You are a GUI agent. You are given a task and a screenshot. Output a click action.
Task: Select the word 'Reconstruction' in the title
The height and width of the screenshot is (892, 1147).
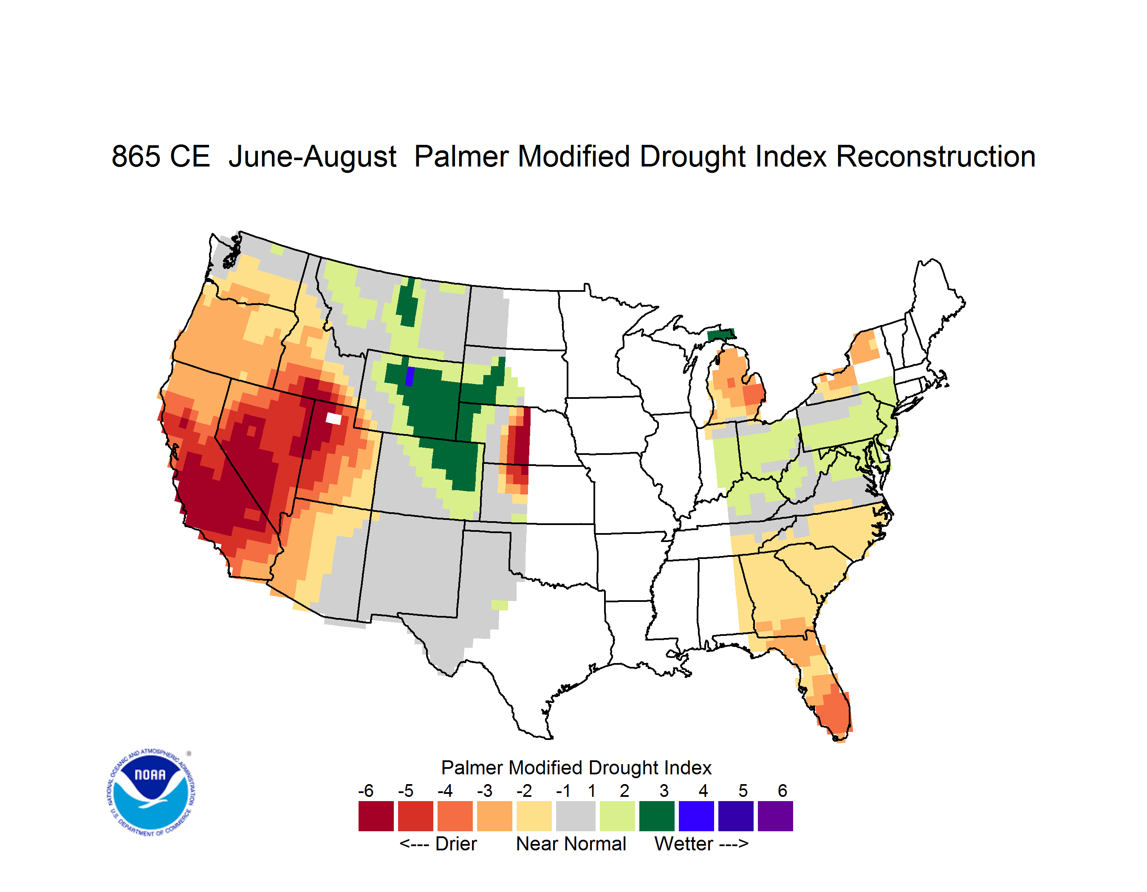[935, 156]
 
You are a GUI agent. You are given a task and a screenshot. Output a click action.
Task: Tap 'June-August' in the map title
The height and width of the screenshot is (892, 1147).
[313, 156]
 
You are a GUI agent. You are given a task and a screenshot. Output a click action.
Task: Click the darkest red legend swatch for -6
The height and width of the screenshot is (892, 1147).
[376, 816]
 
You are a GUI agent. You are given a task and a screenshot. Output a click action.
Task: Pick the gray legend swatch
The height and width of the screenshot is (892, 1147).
[576, 816]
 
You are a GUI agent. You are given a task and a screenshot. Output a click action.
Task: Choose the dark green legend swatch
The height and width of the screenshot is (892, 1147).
[656, 816]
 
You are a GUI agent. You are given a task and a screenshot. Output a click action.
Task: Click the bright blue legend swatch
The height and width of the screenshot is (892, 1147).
[696, 816]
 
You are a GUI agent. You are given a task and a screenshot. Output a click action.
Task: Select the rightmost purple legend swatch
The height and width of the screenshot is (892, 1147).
[775, 816]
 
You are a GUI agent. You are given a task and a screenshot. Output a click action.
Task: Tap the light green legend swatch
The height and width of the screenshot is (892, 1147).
[617, 816]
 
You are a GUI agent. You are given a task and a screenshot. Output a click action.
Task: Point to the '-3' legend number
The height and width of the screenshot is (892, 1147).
[485, 790]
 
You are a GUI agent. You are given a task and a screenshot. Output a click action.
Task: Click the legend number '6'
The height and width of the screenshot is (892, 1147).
[783, 790]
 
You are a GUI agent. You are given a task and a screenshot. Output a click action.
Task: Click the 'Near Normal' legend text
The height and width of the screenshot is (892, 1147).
[571, 844]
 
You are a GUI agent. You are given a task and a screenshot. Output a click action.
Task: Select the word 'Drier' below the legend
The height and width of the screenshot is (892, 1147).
[456, 844]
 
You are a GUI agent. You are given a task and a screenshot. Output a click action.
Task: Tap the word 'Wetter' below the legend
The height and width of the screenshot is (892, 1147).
[684, 844]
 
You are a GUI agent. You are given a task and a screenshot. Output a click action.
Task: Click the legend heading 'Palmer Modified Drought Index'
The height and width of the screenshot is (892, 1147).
[576, 768]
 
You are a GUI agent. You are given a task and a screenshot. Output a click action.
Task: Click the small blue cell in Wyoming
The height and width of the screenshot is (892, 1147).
[410, 376]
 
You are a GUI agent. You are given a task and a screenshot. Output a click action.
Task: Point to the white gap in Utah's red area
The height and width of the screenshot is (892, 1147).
[333, 418]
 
